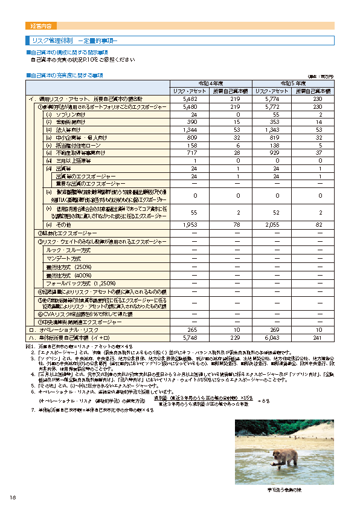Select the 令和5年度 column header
[292, 83]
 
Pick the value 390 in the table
[191, 122]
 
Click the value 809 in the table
[191, 137]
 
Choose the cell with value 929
[272, 153]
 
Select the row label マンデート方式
[63, 258]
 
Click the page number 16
[12, 497]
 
